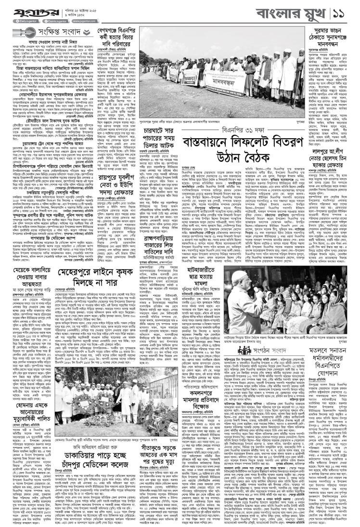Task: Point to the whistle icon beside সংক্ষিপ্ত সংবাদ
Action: click(19, 33)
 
